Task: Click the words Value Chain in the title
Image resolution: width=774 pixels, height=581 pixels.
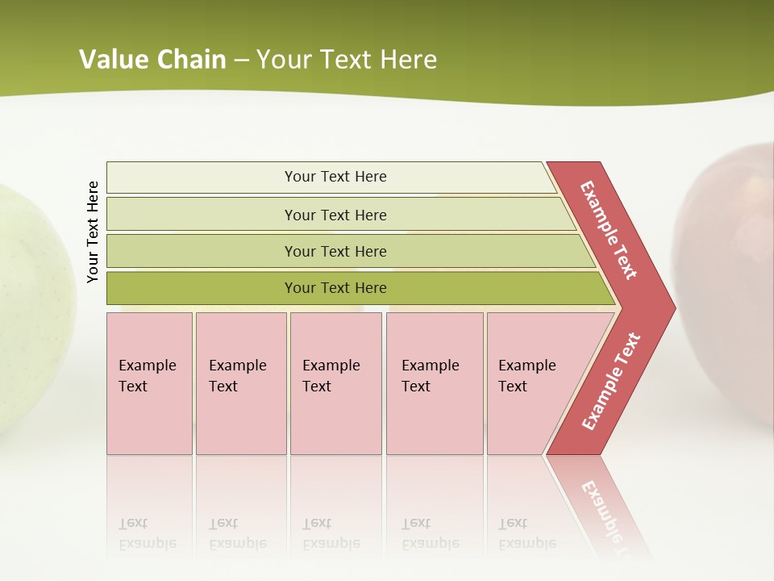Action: tap(152, 59)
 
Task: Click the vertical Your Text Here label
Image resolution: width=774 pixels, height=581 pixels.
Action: tap(93, 232)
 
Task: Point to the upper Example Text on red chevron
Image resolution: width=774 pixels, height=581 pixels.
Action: tap(609, 230)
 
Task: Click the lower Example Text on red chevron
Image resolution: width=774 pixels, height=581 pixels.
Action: tap(611, 381)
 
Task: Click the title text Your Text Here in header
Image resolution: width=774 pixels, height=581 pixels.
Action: tap(347, 59)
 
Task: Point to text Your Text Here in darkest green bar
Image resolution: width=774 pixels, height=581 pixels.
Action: tap(335, 288)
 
